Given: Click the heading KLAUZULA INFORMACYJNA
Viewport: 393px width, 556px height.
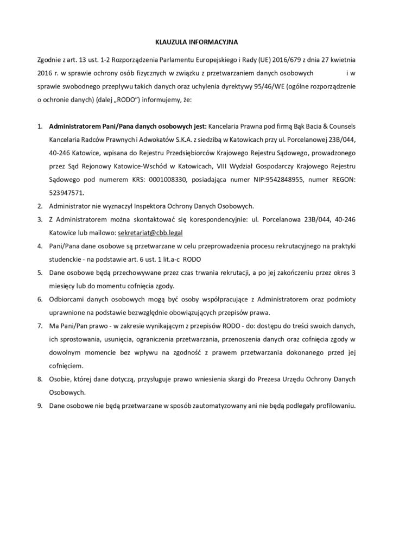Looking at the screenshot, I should coord(196,40).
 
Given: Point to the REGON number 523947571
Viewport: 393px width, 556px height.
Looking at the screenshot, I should coord(64,193).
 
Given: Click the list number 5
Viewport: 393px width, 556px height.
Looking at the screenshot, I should coord(40,271).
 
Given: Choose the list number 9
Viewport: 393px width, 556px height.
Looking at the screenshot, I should coord(40,406).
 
